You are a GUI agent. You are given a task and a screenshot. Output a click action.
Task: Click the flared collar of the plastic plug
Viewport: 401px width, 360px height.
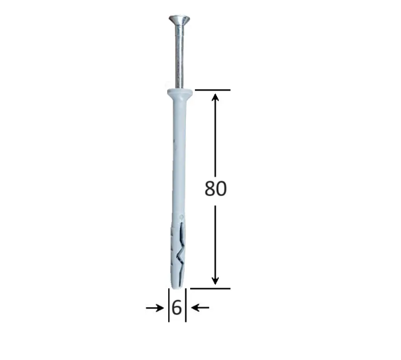[178, 93]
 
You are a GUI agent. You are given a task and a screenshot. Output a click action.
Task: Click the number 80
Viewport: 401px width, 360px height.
[215, 189]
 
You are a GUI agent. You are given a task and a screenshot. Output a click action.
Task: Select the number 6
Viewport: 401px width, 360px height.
[176, 308]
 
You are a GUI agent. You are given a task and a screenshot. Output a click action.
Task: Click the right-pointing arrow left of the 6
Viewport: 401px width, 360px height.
[154, 308]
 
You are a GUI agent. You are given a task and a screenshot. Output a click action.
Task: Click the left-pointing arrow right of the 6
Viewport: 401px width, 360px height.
[199, 308]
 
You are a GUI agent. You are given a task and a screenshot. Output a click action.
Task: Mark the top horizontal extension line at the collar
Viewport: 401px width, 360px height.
[212, 90]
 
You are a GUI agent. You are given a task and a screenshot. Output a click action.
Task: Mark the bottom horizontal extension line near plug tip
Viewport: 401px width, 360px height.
[210, 288]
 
